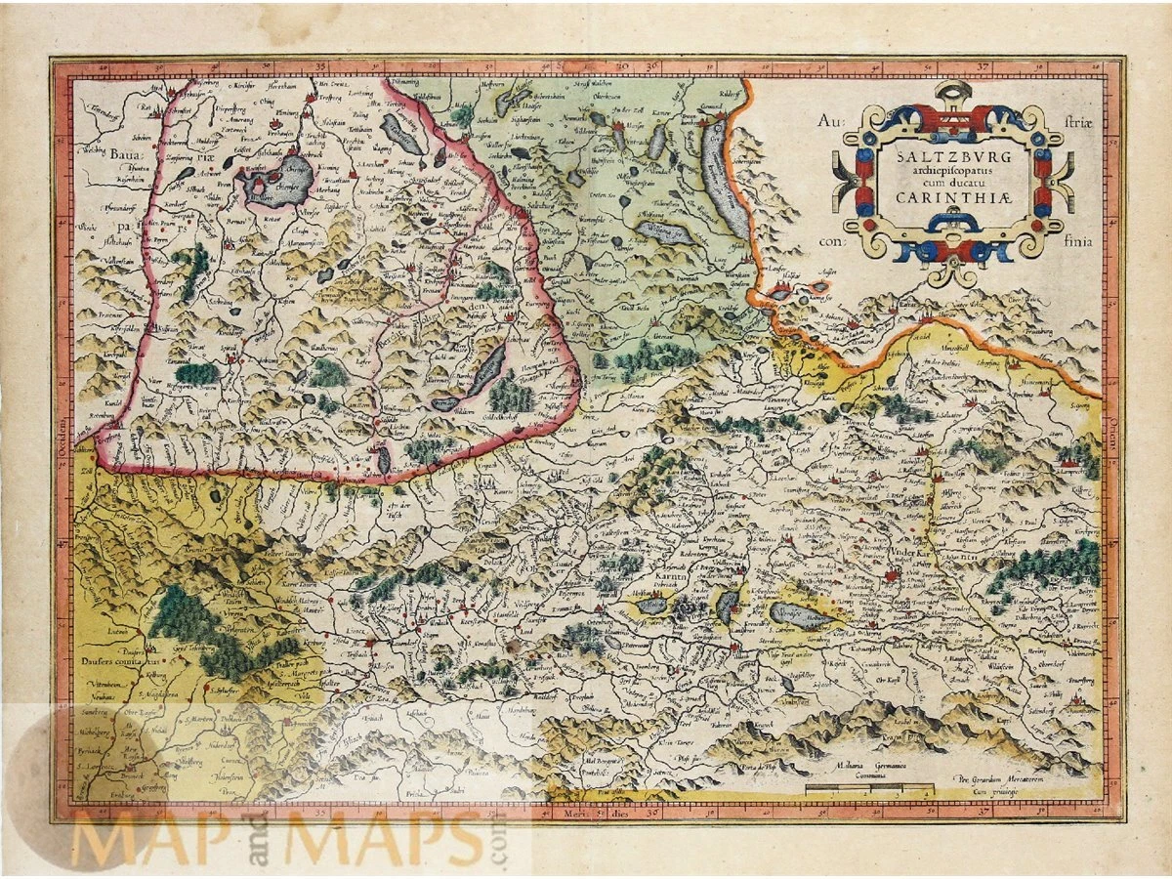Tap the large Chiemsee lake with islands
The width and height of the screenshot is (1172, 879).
tap(278, 179)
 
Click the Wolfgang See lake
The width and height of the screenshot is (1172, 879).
tap(664, 232)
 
